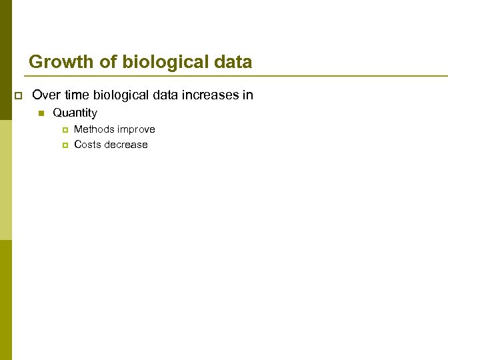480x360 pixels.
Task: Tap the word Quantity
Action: coord(75,113)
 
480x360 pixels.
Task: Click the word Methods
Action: coord(94,129)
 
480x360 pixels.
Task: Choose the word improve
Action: coord(137,129)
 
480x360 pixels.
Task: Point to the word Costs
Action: coord(87,145)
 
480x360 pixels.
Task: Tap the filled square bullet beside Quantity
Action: coord(41,114)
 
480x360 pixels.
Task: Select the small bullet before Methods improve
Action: coord(65,129)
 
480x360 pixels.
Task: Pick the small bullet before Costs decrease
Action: coord(65,145)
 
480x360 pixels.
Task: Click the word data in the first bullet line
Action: coord(167,95)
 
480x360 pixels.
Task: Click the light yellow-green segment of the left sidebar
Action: coord(5,180)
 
